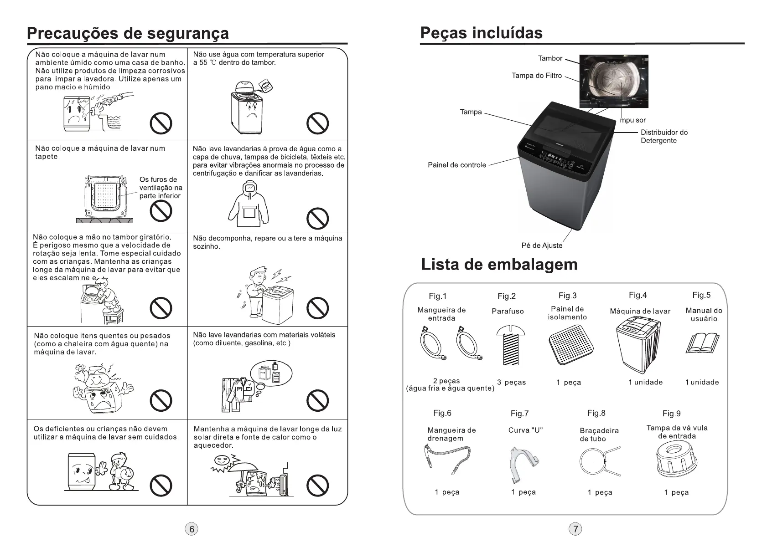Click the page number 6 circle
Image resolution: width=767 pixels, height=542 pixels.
pos(192,529)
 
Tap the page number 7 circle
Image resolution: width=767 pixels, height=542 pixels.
pos(576,529)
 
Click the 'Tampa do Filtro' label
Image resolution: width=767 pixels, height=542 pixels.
pos(537,76)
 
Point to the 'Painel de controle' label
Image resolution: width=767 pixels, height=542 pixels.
pos(456,165)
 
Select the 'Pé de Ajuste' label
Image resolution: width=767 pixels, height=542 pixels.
pos(542,245)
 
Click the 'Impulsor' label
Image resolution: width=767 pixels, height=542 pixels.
pos(632,120)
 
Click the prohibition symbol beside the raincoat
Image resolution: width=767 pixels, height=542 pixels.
pos(317,219)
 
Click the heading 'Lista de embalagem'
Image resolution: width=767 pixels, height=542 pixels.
pos(499,265)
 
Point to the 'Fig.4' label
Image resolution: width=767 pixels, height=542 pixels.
pos(637,296)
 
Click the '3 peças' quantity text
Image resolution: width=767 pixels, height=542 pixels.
pos(511,383)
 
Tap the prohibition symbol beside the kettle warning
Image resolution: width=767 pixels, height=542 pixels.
pos(161,401)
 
